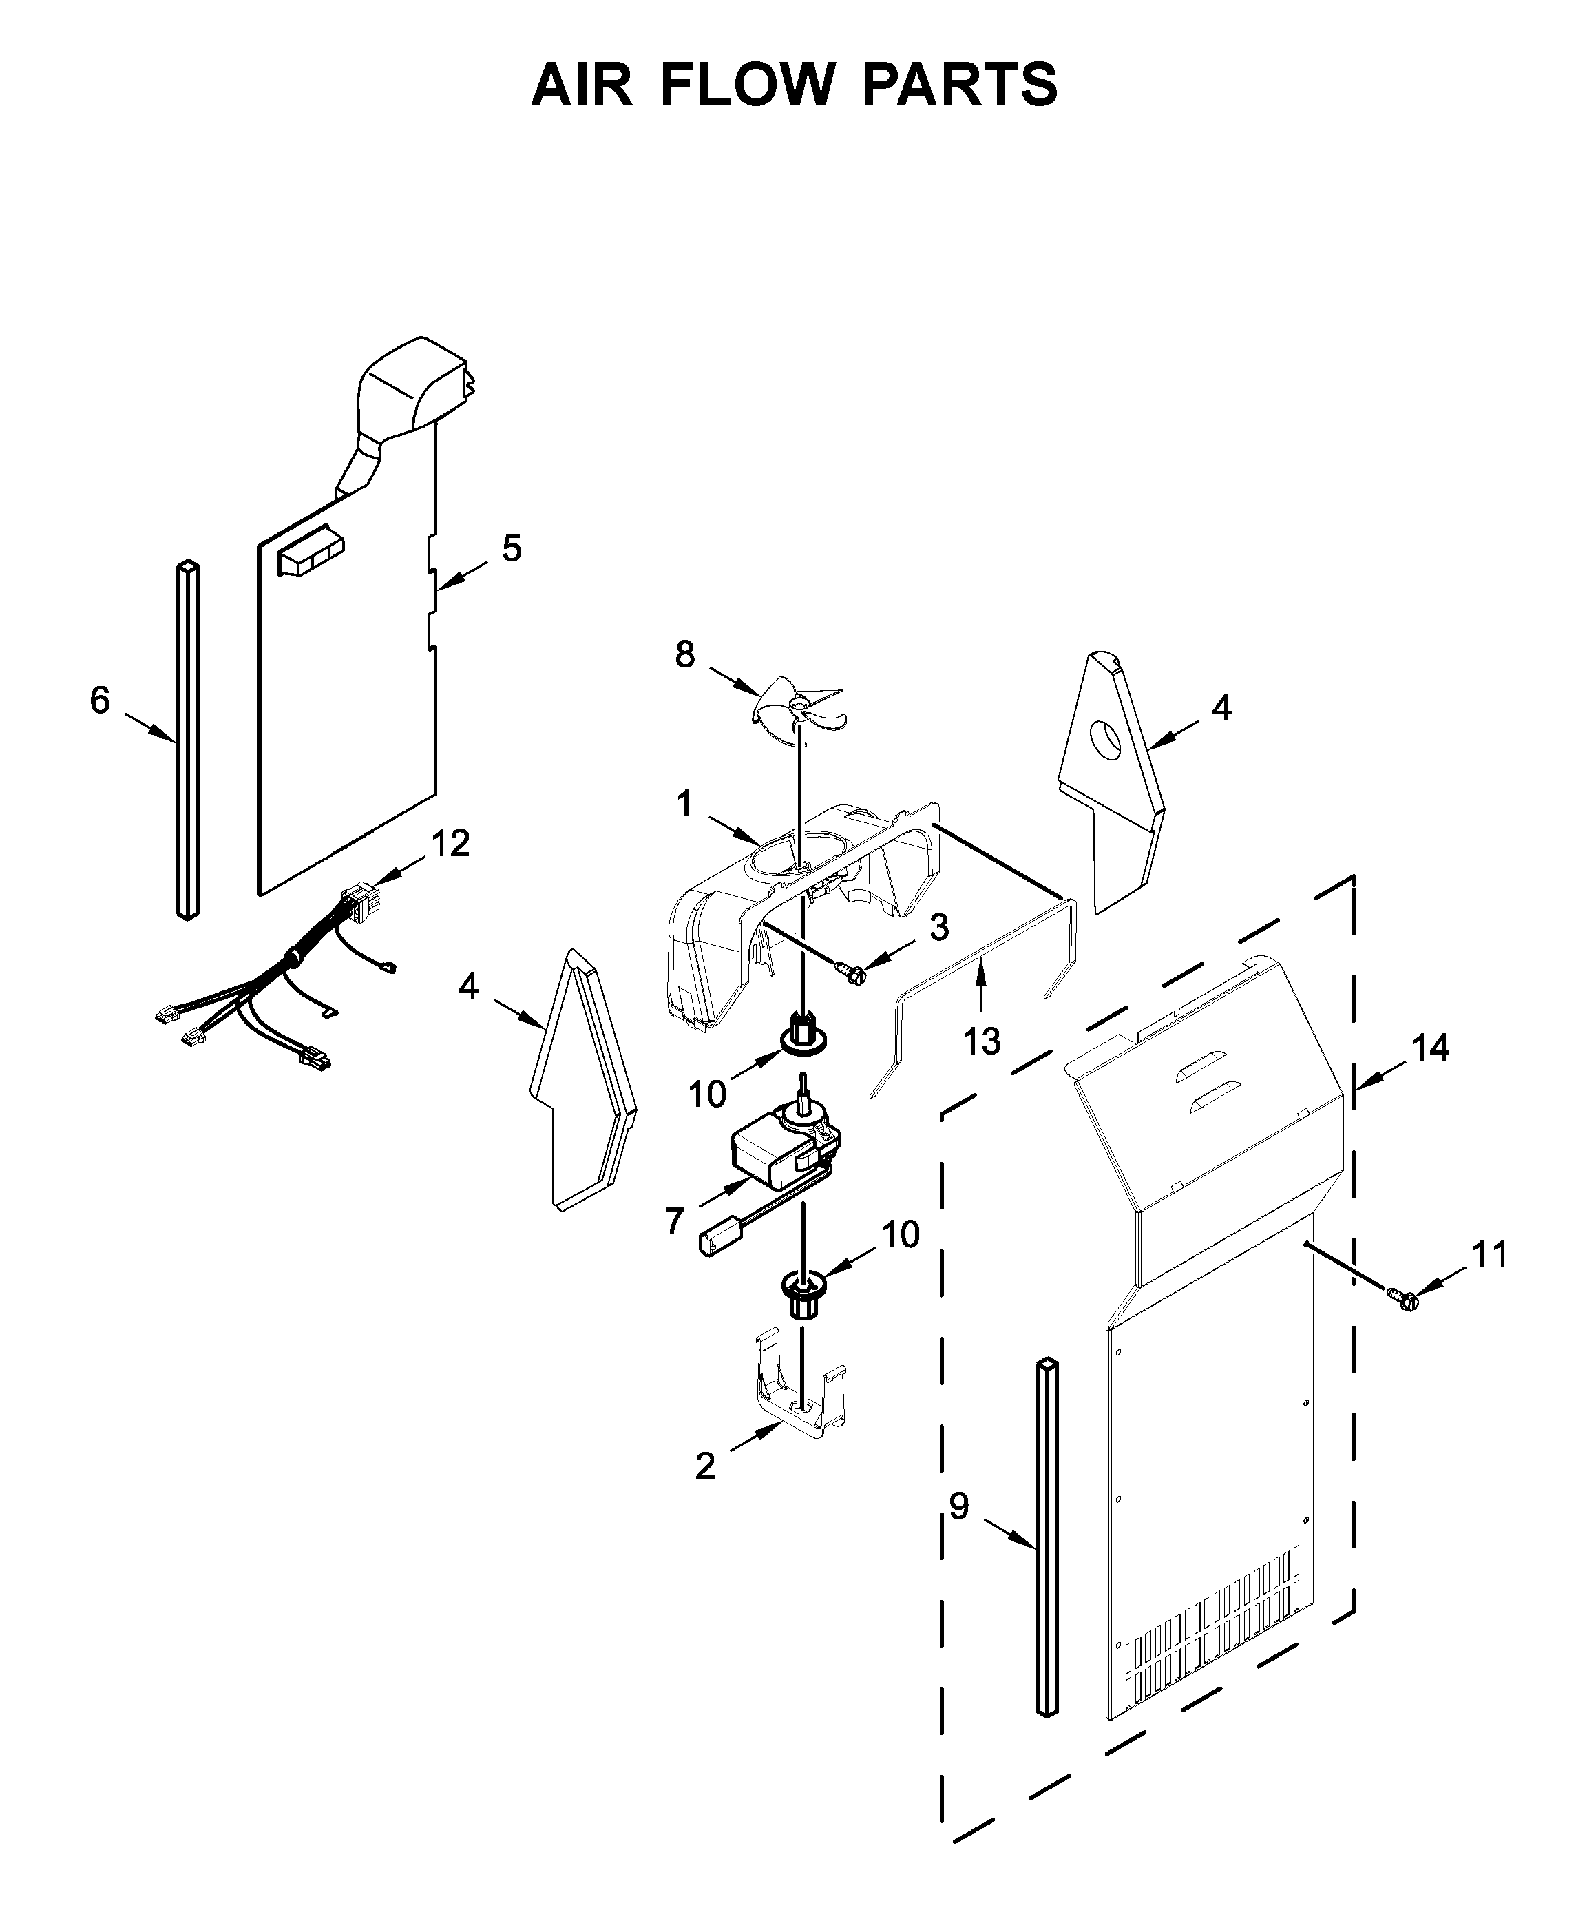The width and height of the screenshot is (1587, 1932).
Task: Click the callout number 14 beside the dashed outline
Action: [x=1431, y=1048]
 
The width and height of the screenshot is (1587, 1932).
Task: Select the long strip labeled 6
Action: [x=187, y=740]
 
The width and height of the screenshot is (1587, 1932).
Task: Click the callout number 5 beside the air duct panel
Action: [x=511, y=548]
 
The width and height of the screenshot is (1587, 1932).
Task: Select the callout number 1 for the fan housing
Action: [x=684, y=804]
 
